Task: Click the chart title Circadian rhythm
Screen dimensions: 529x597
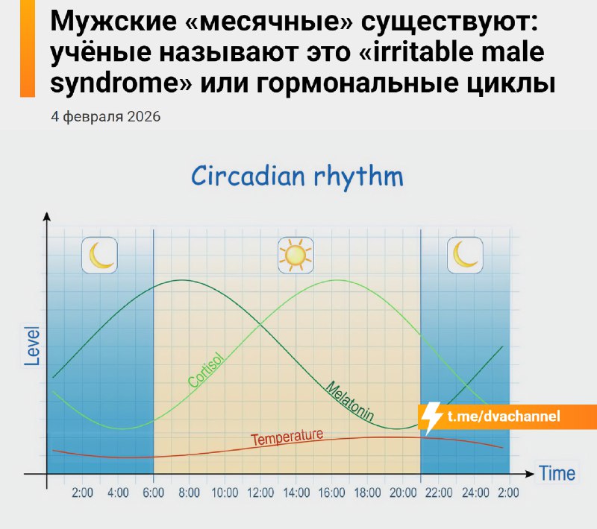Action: click(x=297, y=177)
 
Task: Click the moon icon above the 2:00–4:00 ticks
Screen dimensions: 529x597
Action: click(x=100, y=255)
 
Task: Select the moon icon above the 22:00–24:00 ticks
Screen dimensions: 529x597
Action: click(x=465, y=255)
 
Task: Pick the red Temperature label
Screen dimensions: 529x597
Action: click(x=287, y=437)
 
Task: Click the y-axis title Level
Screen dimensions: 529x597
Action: click(x=32, y=345)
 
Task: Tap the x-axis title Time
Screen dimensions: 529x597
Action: click(x=557, y=472)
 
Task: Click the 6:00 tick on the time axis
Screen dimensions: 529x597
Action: click(x=154, y=492)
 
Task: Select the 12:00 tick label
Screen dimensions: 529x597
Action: click(x=260, y=492)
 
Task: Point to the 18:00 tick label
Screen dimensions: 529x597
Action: click(x=368, y=492)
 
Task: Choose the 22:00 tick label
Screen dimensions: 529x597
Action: click(x=439, y=492)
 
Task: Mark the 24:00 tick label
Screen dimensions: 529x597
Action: click(x=475, y=492)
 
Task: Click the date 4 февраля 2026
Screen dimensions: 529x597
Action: click(x=105, y=118)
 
